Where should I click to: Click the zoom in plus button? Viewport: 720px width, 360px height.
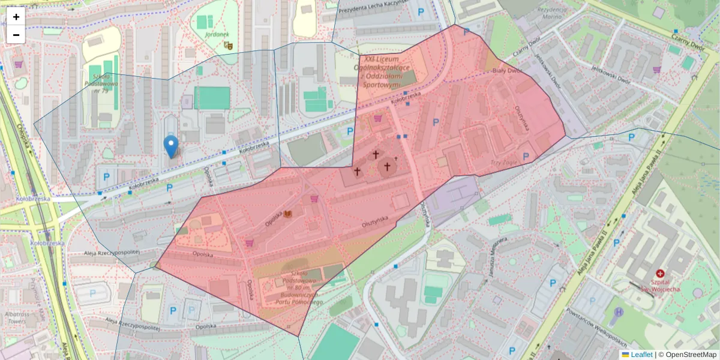16,17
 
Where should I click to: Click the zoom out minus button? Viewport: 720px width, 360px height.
16,34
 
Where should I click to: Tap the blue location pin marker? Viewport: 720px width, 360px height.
171,146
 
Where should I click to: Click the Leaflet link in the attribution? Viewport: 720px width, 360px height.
641,355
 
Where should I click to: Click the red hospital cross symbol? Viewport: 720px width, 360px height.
661,272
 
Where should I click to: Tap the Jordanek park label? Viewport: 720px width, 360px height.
216,34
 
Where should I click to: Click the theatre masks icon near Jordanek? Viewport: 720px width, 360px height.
227,44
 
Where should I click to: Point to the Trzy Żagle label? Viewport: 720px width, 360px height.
503,163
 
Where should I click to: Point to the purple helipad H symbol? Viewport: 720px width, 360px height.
619,312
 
